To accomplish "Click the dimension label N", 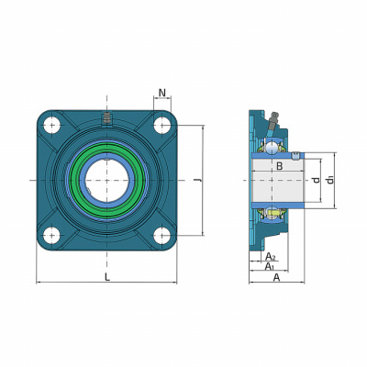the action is pyautogui.click(x=162, y=92).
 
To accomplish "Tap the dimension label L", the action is pyautogui.click(x=106, y=277).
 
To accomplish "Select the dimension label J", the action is pyautogui.click(x=197, y=181).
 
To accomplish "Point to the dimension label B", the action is pyautogui.click(x=279, y=166).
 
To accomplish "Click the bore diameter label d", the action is pyautogui.click(x=317, y=180).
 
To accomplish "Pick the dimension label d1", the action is pyautogui.click(x=329, y=180).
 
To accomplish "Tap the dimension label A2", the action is pyautogui.click(x=271, y=256).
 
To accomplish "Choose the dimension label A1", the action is pyautogui.click(x=270, y=266).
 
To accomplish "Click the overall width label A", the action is pyautogui.click(x=276, y=277).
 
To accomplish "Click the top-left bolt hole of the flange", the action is pyautogui.click(x=51, y=125).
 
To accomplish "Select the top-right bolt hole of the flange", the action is pyautogui.click(x=161, y=125).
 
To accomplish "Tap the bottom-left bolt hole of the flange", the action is pyautogui.click(x=51, y=236).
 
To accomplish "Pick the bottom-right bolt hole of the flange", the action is pyautogui.click(x=161, y=236).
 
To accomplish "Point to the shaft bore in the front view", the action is pyautogui.click(x=106, y=181).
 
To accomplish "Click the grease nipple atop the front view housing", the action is pyautogui.click(x=106, y=117).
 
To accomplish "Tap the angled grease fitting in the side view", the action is pyautogui.click(x=272, y=121).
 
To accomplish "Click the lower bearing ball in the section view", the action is pyautogui.click(x=272, y=213).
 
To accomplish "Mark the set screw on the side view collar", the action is pyautogui.click(x=295, y=155).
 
